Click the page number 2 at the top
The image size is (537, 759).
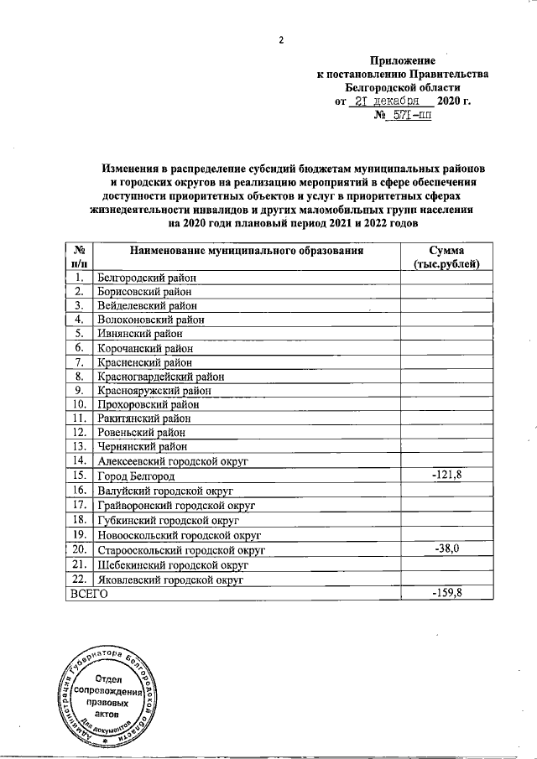tap(283, 39)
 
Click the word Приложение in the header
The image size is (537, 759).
tap(403, 60)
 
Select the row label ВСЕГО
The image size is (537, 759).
tap(88, 594)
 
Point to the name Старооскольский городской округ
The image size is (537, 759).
tap(181, 550)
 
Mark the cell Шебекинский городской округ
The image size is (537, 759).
tap(173, 564)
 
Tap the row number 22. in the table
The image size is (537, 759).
tap(78, 579)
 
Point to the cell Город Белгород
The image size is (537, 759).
tap(136, 476)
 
